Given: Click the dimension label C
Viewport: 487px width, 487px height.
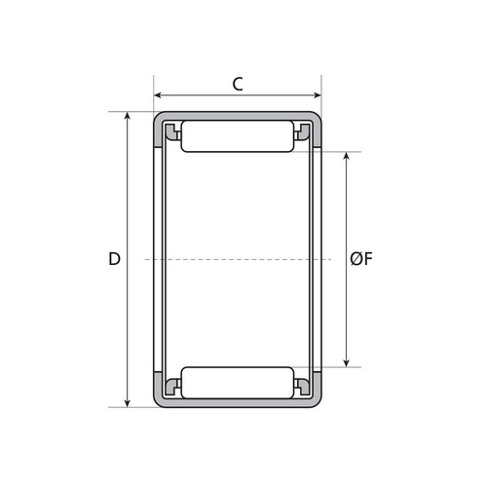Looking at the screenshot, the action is pyautogui.click(x=238, y=84).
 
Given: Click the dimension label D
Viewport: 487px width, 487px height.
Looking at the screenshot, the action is pyautogui.click(x=114, y=259).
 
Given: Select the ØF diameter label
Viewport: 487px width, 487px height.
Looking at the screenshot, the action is pyautogui.click(x=361, y=259).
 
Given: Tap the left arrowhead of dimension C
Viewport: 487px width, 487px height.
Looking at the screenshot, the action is pyautogui.click(x=158, y=95).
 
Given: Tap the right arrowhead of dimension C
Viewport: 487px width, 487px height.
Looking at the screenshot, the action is pyautogui.click(x=317, y=95).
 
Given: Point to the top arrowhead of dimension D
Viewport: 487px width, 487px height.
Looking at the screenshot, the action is pyautogui.click(x=128, y=116).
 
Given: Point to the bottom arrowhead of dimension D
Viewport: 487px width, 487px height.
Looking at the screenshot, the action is pyautogui.click(x=128, y=402).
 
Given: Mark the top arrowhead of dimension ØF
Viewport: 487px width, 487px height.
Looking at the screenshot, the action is pyautogui.click(x=347, y=156).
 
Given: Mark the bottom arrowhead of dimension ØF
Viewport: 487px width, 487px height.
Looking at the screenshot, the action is pyautogui.click(x=347, y=362).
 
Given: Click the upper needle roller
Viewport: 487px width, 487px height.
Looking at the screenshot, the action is pyautogui.click(x=238, y=136).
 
